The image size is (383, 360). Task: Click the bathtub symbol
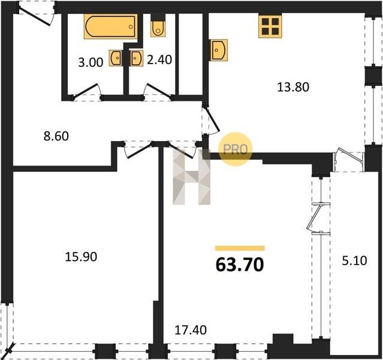click(x=110, y=26)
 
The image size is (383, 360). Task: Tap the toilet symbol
click(x=158, y=25)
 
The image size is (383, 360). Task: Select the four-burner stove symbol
click(x=270, y=26)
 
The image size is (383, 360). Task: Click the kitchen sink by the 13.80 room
click(x=219, y=50)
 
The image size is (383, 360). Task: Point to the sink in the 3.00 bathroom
click(x=116, y=58)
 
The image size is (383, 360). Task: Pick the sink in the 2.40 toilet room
click(x=137, y=58)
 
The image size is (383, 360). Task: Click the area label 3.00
click(x=91, y=62)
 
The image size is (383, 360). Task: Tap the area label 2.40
click(x=159, y=59)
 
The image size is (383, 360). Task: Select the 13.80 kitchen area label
click(x=293, y=87)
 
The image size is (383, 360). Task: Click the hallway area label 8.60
click(x=56, y=136)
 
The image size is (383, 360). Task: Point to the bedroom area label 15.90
click(x=81, y=257)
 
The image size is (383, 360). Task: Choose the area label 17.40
click(x=191, y=330)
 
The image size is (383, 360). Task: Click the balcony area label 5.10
click(x=354, y=261)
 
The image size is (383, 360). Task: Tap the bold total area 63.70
click(x=240, y=265)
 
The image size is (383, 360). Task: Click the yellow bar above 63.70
click(x=240, y=248)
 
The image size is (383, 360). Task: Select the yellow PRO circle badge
click(x=236, y=149)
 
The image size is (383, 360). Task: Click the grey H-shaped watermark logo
click(x=192, y=176)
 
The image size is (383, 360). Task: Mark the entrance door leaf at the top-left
click(x=34, y=16)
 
